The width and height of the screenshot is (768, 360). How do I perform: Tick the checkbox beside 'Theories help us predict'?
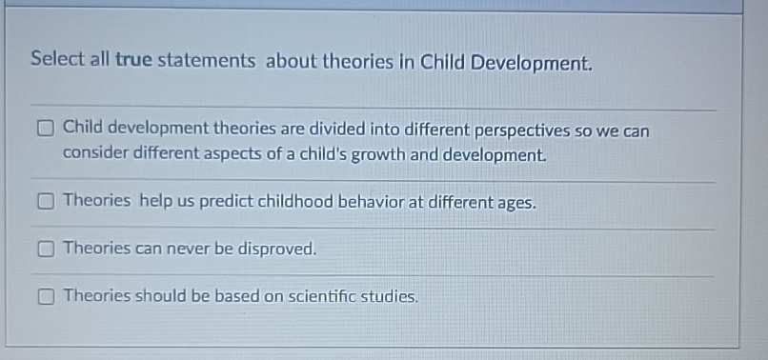[x=46, y=202]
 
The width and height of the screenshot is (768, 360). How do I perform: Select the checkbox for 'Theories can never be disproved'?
[x=46, y=250]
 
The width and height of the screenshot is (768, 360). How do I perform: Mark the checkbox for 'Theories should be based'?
[x=46, y=296]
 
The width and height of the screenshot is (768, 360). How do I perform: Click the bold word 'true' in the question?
[x=133, y=61]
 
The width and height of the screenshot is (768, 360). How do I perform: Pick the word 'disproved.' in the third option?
[x=275, y=250]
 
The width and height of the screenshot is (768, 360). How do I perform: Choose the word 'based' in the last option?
[x=237, y=296]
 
